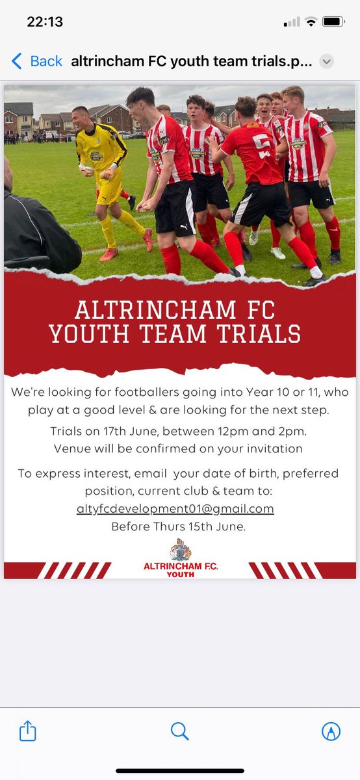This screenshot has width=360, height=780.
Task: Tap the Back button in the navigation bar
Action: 38,61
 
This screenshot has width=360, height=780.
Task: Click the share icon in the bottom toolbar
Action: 27,731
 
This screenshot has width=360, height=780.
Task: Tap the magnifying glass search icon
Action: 179,731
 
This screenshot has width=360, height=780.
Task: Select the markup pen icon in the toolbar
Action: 331,731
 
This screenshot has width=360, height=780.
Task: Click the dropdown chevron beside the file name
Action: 327,62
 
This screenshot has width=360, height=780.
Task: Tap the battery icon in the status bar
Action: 333,22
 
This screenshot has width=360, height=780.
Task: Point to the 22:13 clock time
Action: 45,21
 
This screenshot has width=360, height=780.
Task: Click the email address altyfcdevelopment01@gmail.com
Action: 175,509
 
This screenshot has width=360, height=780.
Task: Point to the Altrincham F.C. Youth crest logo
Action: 181,551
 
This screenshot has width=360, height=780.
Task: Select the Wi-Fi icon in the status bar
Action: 311,22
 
